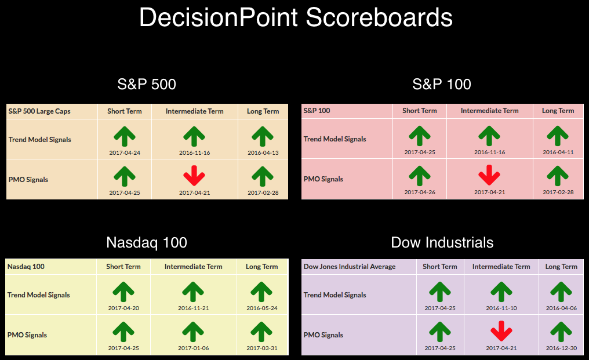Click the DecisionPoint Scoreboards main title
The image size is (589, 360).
click(296, 17)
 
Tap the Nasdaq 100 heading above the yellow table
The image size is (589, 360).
click(147, 243)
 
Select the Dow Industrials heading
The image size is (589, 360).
click(442, 242)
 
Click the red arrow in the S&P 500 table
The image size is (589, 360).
click(194, 176)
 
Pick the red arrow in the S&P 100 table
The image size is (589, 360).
click(489, 175)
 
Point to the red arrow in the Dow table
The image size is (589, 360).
click(501, 331)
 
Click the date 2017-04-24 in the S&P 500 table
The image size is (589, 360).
click(125, 152)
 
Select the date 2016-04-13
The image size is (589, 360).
click(263, 152)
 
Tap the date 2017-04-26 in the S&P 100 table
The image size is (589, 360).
click(420, 192)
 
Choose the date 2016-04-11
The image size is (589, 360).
click(558, 152)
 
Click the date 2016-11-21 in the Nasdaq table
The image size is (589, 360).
click(193, 308)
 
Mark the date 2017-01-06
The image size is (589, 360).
click(193, 348)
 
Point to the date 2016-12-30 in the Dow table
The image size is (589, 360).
click(561, 348)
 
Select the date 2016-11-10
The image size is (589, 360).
click(501, 308)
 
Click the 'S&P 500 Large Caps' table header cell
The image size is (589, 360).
click(39, 111)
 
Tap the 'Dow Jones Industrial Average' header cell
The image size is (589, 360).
click(350, 267)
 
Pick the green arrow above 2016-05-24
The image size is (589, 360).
click(261, 292)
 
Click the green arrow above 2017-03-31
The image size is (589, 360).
click(261, 332)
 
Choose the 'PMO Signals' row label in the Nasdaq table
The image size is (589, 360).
click(27, 335)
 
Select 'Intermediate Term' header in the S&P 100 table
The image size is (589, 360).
click(489, 111)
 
